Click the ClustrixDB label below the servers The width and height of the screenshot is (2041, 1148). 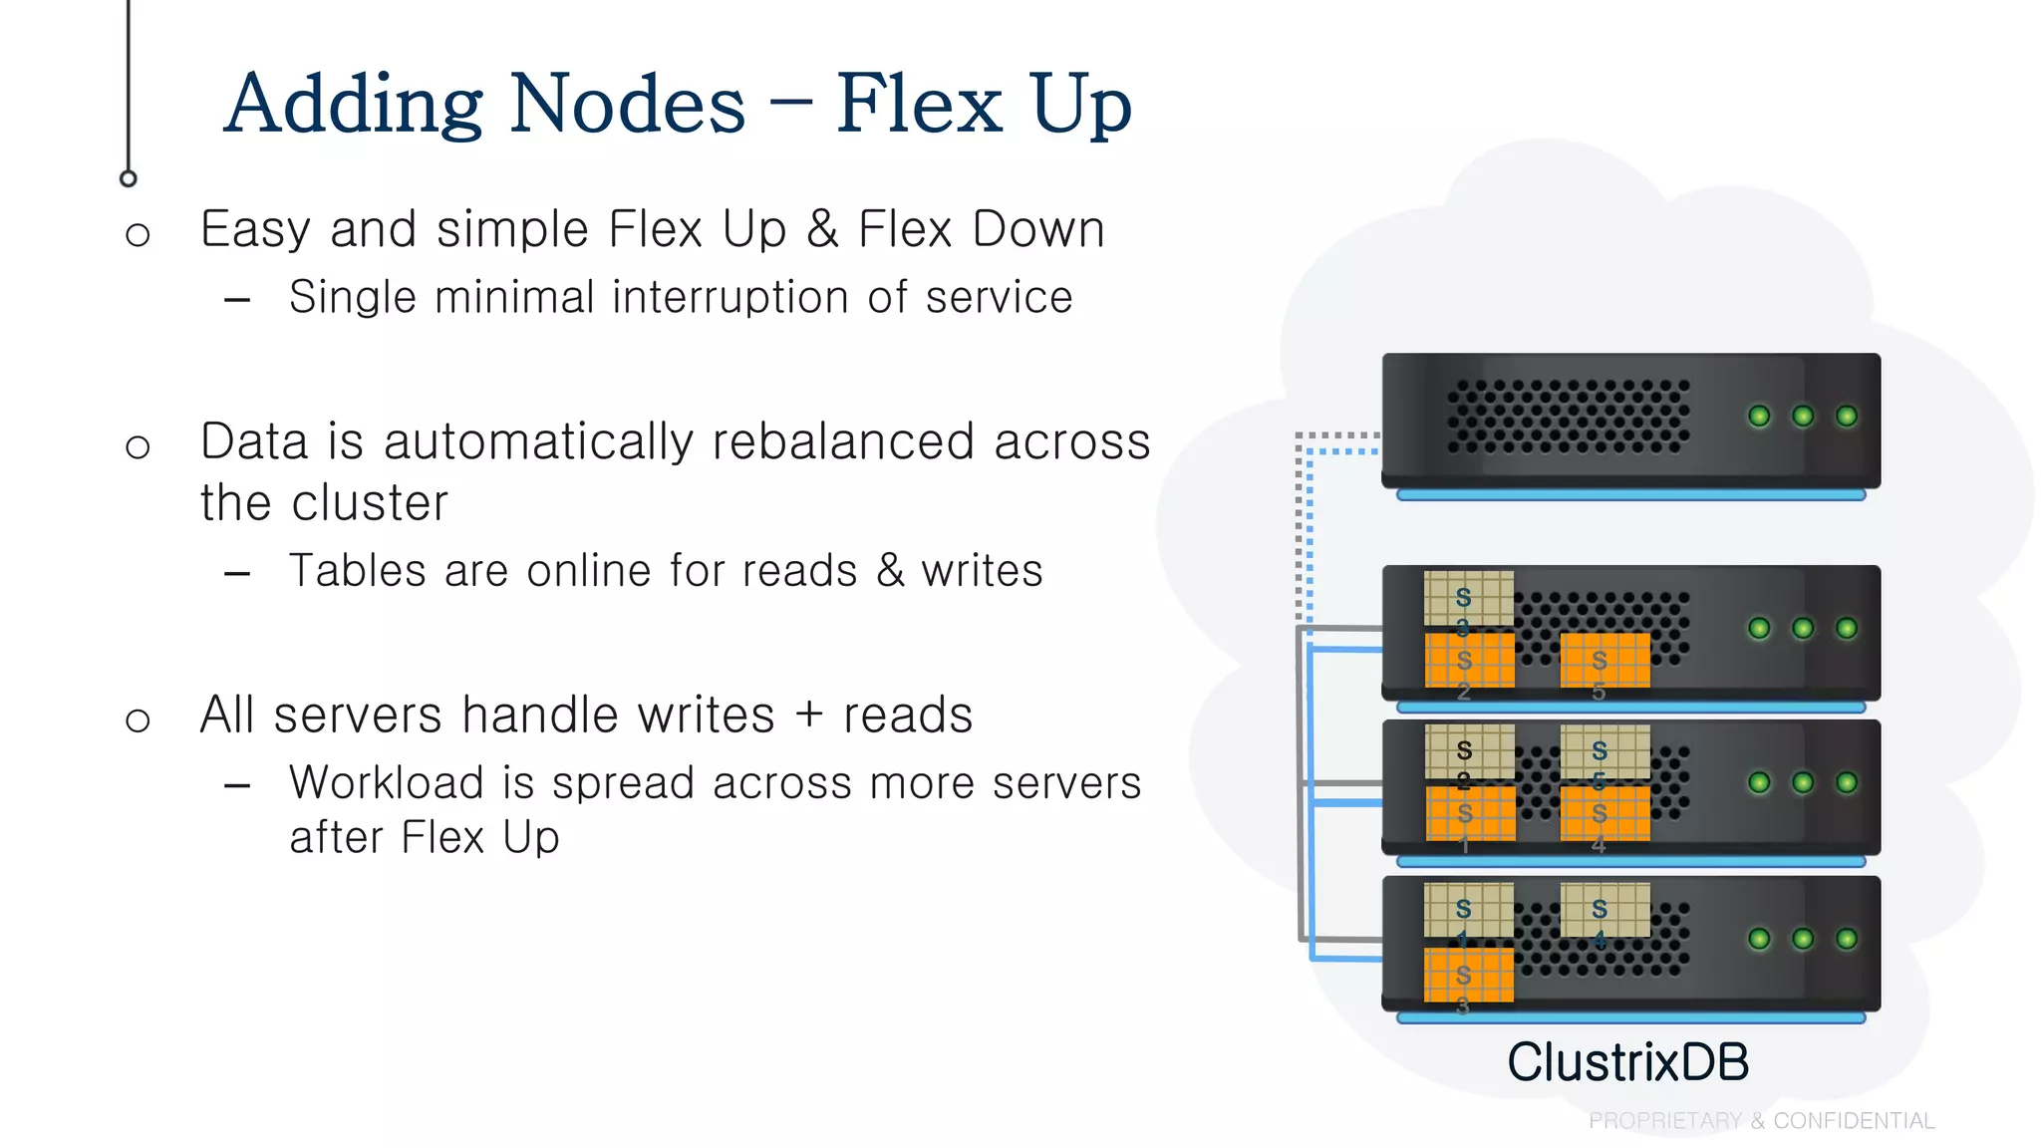click(x=1627, y=1062)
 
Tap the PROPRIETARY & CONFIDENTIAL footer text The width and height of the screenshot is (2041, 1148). click(x=1761, y=1121)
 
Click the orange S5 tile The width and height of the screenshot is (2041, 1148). click(x=1604, y=661)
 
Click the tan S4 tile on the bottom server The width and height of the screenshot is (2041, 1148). click(x=1604, y=910)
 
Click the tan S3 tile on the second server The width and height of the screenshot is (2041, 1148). click(x=1468, y=598)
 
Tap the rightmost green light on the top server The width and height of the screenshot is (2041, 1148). click(x=1846, y=417)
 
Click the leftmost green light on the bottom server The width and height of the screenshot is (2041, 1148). click(x=1759, y=939)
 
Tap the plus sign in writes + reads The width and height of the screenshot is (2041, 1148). click(x=808, y=716)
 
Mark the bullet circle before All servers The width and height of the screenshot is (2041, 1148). click(x=138, y=719)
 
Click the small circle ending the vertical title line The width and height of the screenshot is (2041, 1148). click(x=128, y=178)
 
